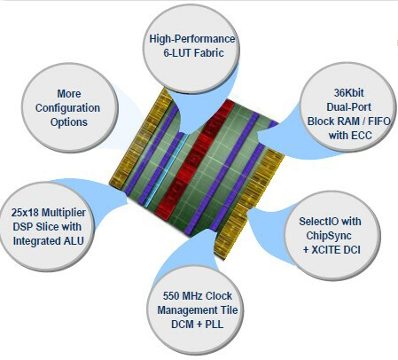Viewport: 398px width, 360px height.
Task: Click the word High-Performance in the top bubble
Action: point(192,39)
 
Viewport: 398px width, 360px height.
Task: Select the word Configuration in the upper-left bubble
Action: point(67,108)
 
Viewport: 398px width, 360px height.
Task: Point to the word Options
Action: point(69,122)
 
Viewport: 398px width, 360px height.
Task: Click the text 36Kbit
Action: point(348,93)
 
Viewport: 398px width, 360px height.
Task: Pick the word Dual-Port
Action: point(348,107)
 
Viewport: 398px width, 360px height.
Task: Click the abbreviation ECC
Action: point(362,136)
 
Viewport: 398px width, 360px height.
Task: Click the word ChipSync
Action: point(329,236)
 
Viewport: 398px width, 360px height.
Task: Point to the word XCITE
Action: point(326,250)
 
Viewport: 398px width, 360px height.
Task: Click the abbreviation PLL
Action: point(214,325)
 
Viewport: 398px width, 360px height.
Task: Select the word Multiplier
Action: point(64,213)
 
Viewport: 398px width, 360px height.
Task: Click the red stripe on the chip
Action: point(194,160)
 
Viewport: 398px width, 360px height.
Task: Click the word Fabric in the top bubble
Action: point(210,53)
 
